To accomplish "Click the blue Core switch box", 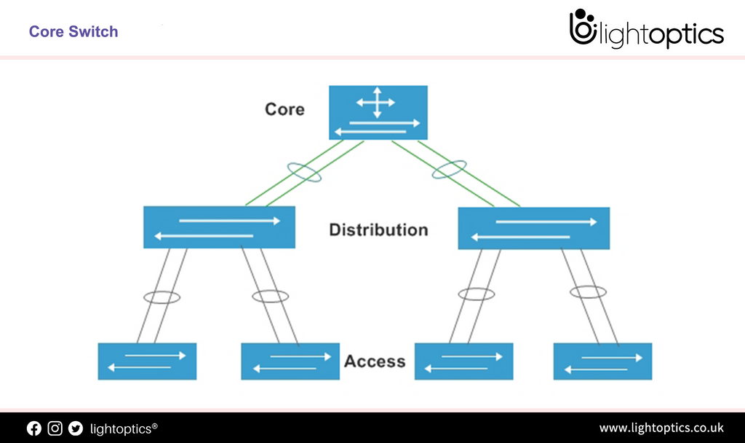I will click(x=378, y=113).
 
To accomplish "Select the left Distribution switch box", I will click(x=219, y=227).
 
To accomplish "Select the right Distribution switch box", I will click(x=533, y=228).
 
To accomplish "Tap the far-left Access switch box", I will click(x=147, y=361).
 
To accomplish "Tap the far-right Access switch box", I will click(x=602, y=361).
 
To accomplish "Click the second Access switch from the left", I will click(x=290, y=361).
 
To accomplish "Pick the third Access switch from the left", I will click(x=463, y=361).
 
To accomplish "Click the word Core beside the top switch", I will click(x=284, y=109).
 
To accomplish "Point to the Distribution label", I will click(x=378, y=230).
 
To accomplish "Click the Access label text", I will click(x=375, y=361).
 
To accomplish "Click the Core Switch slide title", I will click(x=73, y=31).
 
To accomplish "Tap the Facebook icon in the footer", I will click(x=34, y=428).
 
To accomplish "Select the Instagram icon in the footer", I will click(x=55, y=428).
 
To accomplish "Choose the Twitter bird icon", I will click(x=76, y=428).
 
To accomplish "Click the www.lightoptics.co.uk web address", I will click(x=661, y=428).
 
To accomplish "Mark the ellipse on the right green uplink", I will click(x=450, y=170).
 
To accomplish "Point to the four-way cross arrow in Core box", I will click(x=375, y=102).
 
